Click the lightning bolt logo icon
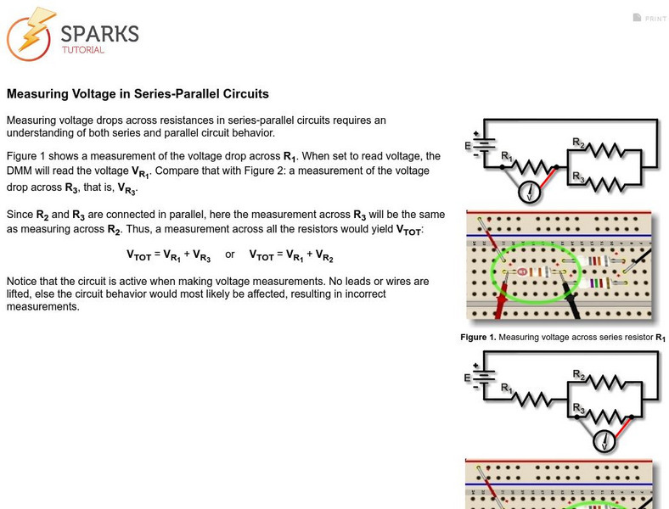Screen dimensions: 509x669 tap(31, 35)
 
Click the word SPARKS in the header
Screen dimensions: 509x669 tap(99, 34)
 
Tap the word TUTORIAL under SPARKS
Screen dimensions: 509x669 tap(82, 50)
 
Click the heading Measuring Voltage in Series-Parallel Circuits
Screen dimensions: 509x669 tap(138, 94)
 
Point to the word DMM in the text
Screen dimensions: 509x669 tap(20, 171)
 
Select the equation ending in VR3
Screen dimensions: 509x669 tap(170, 255)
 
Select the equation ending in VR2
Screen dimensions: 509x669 tap(291, 255)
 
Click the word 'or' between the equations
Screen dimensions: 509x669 tap(230, 255)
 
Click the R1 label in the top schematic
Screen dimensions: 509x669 tap(507, 156)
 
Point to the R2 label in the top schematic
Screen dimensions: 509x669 tap(577, 143)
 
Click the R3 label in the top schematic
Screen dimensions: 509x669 tap(577, 176)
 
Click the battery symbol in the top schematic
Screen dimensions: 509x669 tap(482, 146)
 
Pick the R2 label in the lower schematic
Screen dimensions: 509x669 tap(577, 374)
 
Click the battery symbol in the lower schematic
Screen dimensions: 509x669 tap(482, 378)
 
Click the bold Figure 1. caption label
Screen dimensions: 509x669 tap(478, 337)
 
